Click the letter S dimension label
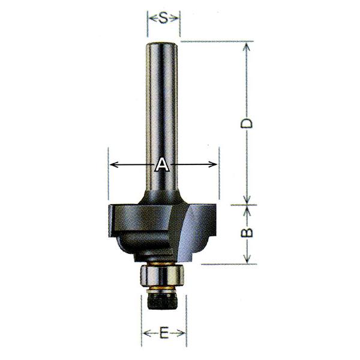(x=163, y=18)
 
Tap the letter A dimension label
(x=163, y=164)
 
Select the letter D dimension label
(x=247, y=123)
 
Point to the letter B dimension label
(x=247, y=232)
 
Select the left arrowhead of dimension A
(x=114, y=164)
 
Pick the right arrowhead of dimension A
(x=212, y=164)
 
